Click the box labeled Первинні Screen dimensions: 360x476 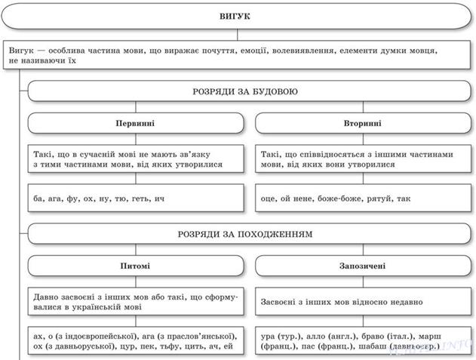click(x=137, y=123)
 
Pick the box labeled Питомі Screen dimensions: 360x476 click(x=137, y=266)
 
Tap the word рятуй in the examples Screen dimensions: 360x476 click(x=382, y=198)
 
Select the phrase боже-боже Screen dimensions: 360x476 click(x=341, y=198)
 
